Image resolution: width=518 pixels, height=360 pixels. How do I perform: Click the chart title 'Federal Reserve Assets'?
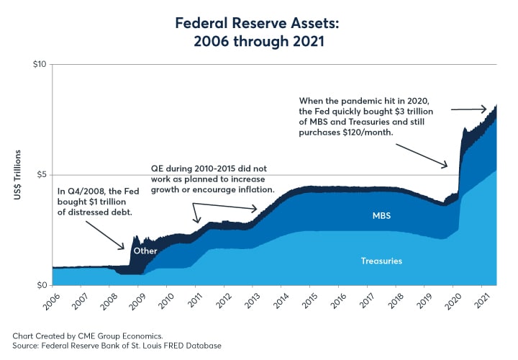coord(259,23)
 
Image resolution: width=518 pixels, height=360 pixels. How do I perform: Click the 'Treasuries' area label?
coord(381,261)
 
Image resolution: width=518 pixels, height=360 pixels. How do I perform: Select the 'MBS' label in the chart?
coord(381,215)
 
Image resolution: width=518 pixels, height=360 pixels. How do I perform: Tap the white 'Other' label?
coord(145,251)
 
